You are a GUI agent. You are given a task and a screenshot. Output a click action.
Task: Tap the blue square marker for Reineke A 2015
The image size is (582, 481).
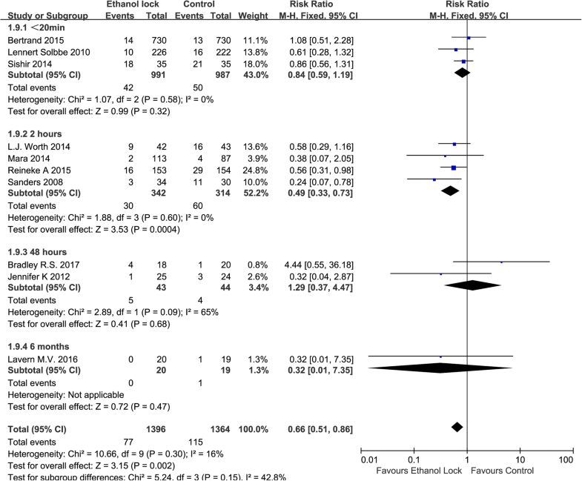tap(454, 168)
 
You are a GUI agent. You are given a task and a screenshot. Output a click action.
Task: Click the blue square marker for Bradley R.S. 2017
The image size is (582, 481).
tap(502, 262)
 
